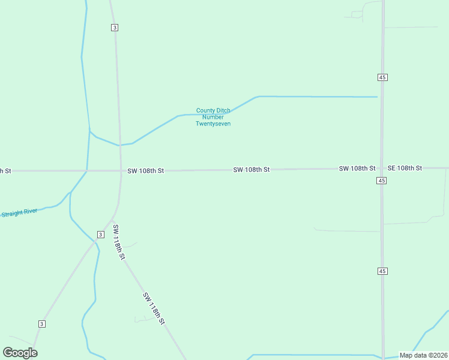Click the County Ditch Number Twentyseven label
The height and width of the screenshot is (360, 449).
point(213,117)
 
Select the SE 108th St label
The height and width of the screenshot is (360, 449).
point(405,168)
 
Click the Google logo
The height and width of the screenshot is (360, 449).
point(20,353)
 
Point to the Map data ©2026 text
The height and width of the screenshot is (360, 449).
point(423,355)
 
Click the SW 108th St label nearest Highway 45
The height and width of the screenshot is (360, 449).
point(357,169)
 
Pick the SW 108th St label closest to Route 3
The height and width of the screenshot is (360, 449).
point(146,171)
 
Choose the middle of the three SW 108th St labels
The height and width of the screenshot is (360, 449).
point(252,170)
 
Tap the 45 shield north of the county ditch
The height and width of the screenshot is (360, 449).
point(382,77)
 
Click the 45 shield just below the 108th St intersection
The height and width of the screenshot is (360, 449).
point(382,181)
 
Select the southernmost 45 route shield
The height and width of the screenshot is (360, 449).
point(382,271)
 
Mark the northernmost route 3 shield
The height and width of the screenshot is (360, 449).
point(114,28)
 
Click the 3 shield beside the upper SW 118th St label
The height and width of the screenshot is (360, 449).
point(100,234)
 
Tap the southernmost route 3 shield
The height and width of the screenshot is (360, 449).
point(41,324)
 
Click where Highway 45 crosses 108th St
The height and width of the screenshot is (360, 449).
point(382,169)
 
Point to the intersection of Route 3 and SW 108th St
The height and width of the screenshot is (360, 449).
point(121,171)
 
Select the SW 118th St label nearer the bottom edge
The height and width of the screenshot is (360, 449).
point(154,308)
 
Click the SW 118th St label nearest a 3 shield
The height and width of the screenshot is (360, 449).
point(119,242)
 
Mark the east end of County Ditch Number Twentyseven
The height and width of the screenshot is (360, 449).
point(377,97)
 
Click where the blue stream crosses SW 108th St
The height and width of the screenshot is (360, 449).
point(87,171)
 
